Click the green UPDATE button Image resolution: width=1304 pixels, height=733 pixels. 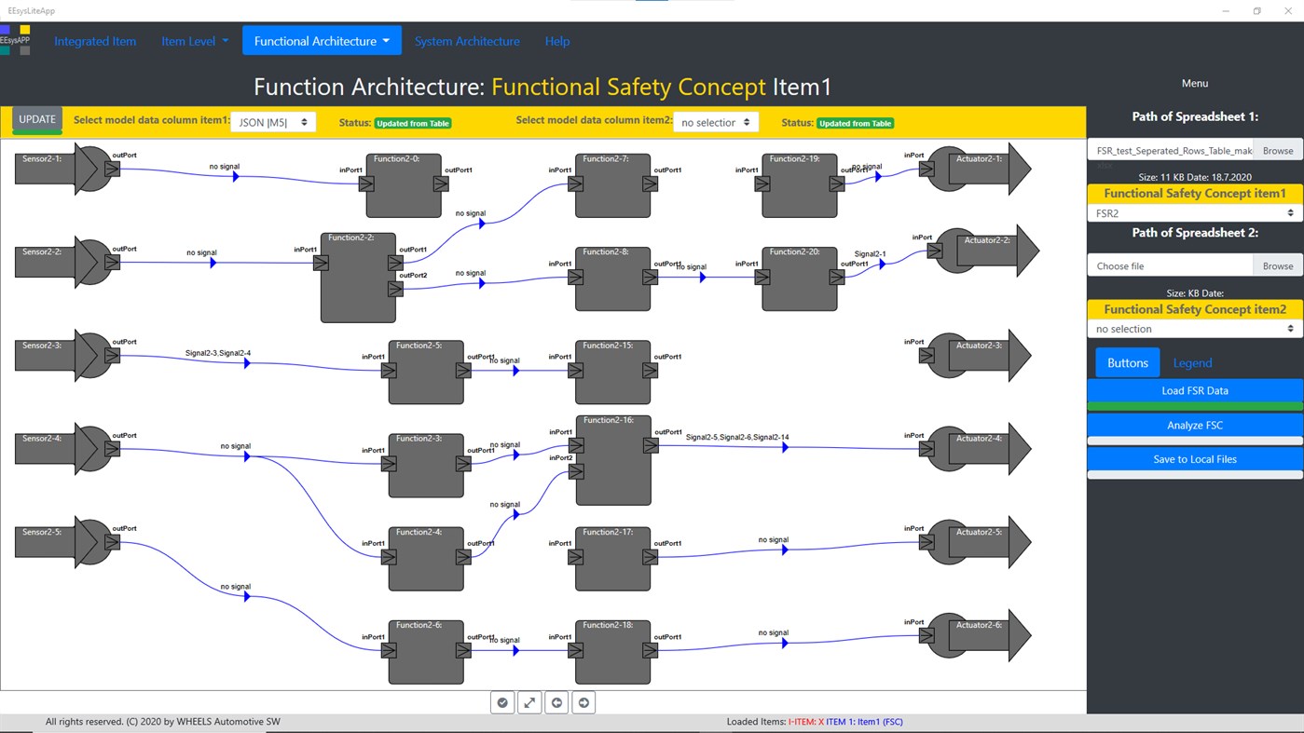(x=37, y=120)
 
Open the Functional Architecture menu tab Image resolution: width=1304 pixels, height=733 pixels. (x=322, y=41)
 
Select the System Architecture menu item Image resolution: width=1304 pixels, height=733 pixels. (x=467, y=41)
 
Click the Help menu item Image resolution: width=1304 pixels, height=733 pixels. (x=556, y=41)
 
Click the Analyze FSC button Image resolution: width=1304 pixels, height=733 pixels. (x=1194, y=426)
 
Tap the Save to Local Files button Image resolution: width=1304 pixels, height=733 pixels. (x=1194, y=459)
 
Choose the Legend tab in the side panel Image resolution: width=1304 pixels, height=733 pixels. (x=1192, y=363)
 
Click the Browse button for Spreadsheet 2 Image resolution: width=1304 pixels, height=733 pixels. (x=1277, y=266)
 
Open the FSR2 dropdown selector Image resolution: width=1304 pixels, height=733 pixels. (x=1194, y=213)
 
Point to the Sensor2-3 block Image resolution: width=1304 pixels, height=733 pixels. (x=56, y=356)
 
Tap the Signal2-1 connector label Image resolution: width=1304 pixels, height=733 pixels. (x=870, y=253)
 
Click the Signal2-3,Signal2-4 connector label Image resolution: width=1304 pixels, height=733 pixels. (x=217, y=353)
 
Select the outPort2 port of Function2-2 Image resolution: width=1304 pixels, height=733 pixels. (x=395, y=289)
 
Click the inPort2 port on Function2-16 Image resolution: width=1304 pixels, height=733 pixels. (x=576, y=471)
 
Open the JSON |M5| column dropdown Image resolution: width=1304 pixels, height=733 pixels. (x=273, y=122)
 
